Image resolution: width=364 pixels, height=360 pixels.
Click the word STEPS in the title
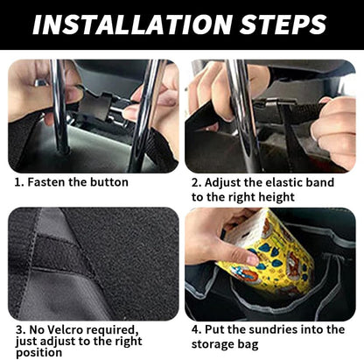pos(280,25)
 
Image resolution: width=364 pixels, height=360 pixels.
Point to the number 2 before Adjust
pos(196,182)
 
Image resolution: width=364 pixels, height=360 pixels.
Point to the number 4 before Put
pos(196,329)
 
